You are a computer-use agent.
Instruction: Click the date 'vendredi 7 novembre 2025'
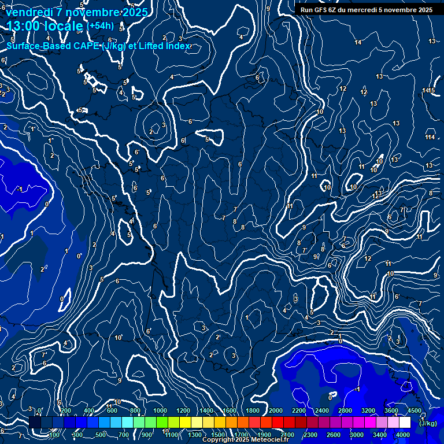(x=77, y=12)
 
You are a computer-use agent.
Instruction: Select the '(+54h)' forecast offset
(x=100, y=25)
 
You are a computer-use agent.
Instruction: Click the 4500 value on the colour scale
(x=415, y=410)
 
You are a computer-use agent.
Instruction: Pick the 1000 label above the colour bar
(x=160, y=410)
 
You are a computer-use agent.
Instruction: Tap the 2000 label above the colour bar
(x=276, y=410)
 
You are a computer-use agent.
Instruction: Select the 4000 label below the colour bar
(x=403, y=435)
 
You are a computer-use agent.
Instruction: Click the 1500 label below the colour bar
(x=218, y=435)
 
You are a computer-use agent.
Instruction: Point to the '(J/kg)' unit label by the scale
(x=428, y=423)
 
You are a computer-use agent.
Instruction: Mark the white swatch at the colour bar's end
(x=405, y=423)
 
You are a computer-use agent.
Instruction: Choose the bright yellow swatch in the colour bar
(x=185, y=423)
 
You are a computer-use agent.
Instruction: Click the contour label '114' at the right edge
(x=430, y=137)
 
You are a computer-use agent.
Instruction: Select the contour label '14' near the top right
(x=358, y=42)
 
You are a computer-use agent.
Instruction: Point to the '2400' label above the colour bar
(x=322, y=410)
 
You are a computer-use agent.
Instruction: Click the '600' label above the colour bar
(x=112, y=410)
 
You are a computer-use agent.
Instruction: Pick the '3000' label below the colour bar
(x=357, y=435)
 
